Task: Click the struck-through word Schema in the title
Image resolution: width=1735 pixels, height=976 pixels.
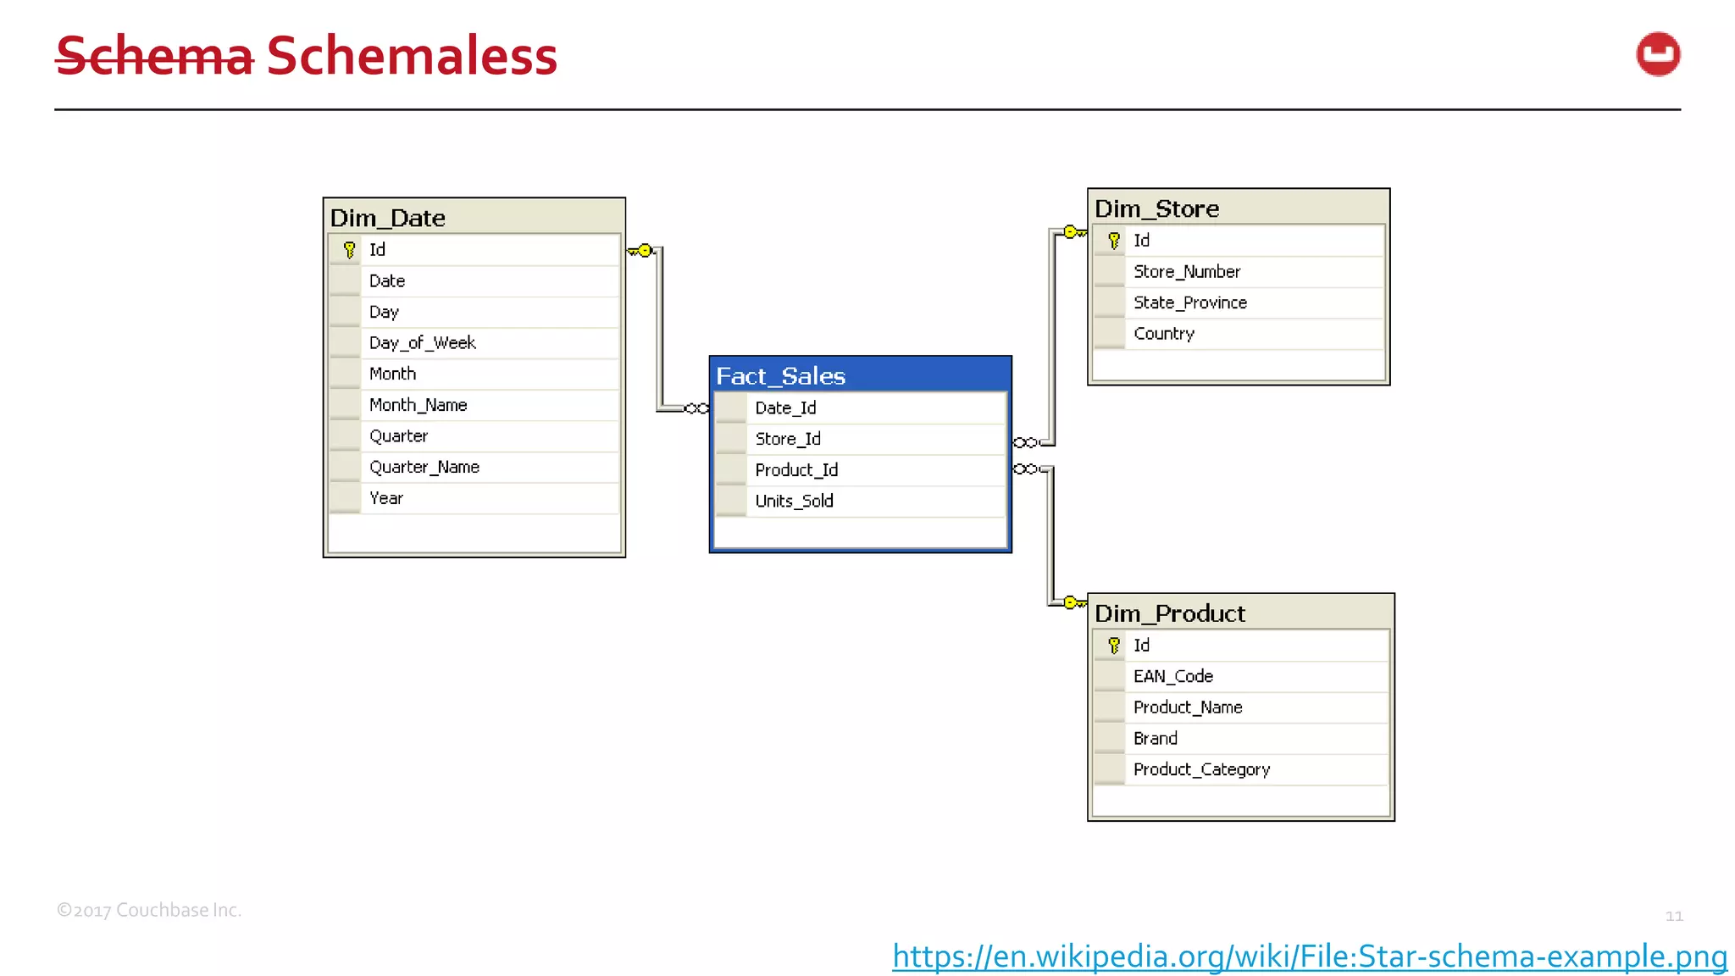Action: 154,57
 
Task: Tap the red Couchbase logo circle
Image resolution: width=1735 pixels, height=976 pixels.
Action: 1657,54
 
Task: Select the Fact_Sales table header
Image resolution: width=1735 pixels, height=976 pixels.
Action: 780,375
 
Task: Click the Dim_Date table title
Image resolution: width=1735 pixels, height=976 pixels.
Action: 387,218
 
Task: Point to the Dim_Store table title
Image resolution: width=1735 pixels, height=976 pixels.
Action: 1156,208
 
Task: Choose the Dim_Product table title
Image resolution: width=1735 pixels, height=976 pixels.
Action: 1169,613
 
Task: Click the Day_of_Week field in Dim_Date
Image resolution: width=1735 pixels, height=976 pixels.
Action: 422,342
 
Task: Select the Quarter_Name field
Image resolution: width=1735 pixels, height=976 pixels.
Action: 424,467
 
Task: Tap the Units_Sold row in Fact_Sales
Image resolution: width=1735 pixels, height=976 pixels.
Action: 794,501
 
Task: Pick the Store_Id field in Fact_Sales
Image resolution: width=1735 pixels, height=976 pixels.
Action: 788,439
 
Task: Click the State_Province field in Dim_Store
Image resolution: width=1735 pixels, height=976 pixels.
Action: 1189,302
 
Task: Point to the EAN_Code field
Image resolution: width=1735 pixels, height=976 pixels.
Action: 1172,676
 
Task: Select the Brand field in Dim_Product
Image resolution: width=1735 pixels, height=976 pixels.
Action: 1155,738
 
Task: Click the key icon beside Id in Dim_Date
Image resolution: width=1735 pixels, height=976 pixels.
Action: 349,250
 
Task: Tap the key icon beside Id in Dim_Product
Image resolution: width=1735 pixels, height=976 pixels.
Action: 1113,646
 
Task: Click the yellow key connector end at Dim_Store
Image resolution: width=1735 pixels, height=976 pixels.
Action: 1073,232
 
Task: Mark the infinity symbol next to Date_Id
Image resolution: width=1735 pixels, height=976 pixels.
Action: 696,408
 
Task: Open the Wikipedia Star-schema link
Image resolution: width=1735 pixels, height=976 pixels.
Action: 1309,956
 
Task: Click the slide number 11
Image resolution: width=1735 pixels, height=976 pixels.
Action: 1673,916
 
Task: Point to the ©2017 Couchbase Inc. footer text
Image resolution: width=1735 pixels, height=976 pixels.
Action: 149,910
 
